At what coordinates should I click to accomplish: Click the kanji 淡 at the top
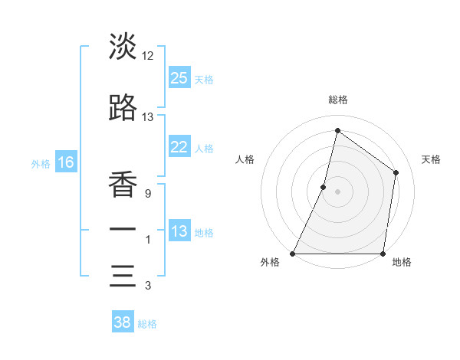(123, 47)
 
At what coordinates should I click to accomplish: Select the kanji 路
(123, 110)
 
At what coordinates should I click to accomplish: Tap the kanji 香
(123, 183)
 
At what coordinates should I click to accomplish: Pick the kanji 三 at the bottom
(123, 276)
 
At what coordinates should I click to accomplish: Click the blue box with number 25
(179, 78)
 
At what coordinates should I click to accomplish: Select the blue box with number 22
(179, 148)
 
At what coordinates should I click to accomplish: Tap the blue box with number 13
(179, 231)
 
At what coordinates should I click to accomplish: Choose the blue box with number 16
(65, 162)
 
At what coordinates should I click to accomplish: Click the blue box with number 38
(122, 322)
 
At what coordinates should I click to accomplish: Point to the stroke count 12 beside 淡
(148, 56)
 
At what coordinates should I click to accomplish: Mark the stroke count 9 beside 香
(147, 193)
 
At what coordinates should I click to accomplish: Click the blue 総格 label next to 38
(147, 324)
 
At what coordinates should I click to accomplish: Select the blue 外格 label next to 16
(41, 163)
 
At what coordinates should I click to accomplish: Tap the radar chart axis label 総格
(337, 100)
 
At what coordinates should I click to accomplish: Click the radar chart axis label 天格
(432, 159)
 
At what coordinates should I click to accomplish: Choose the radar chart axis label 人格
(245, 159)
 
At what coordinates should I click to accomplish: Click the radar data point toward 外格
(293, 254)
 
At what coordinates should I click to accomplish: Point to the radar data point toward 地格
(383, 254)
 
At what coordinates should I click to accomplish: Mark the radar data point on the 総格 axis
(337, 130)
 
